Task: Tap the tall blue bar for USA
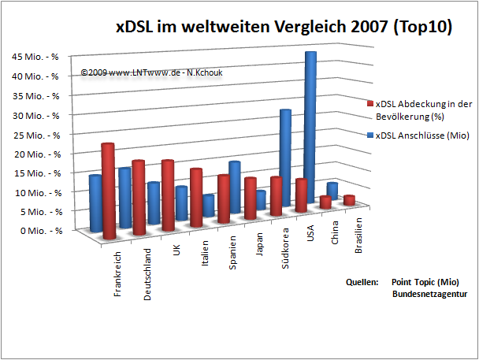[x=310, y=126]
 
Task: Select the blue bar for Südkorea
[x=284, y=158]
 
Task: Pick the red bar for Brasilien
[x=350, y=199]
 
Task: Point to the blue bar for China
[x=332, y=189]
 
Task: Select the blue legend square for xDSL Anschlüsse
[x=370, y=135]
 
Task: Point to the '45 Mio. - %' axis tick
[x=35, y=57]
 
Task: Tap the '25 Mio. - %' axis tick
[x=35, y=134]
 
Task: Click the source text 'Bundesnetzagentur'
[x=430, y=294]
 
